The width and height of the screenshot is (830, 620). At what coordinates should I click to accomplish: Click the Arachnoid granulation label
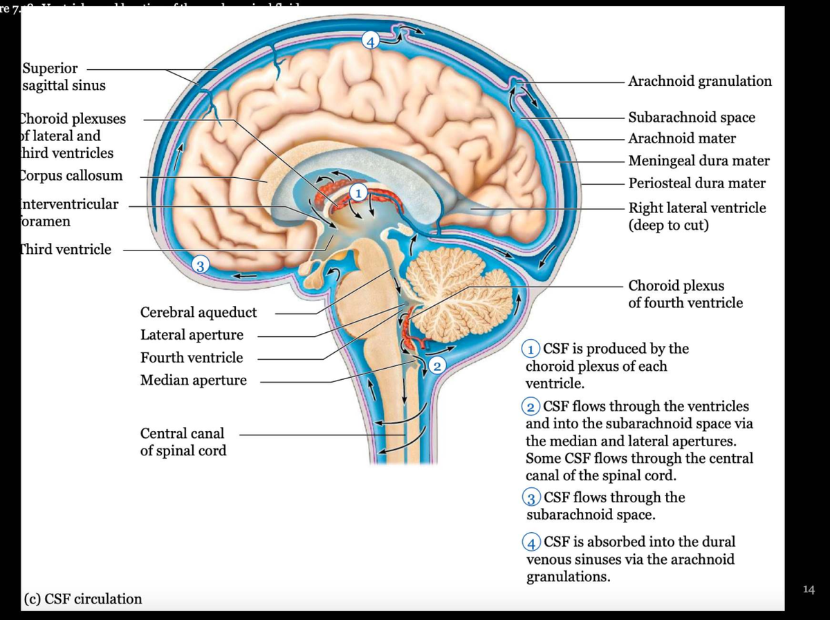699,81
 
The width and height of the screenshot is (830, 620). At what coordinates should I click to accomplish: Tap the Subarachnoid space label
691,117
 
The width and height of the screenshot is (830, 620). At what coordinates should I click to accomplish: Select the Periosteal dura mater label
697,183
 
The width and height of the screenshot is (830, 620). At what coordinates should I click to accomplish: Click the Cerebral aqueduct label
199,312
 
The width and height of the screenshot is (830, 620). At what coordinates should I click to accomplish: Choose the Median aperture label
193,380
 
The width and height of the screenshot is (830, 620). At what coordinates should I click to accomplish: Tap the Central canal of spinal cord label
183,441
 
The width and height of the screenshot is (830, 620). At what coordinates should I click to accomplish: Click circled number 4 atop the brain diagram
371,41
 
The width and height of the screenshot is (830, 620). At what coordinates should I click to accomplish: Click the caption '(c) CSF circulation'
83,599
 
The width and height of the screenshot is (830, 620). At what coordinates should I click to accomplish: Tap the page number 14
809,590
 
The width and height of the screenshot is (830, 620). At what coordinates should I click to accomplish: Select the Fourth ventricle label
192,358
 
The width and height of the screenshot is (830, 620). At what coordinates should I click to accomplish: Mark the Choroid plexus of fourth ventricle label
685,294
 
